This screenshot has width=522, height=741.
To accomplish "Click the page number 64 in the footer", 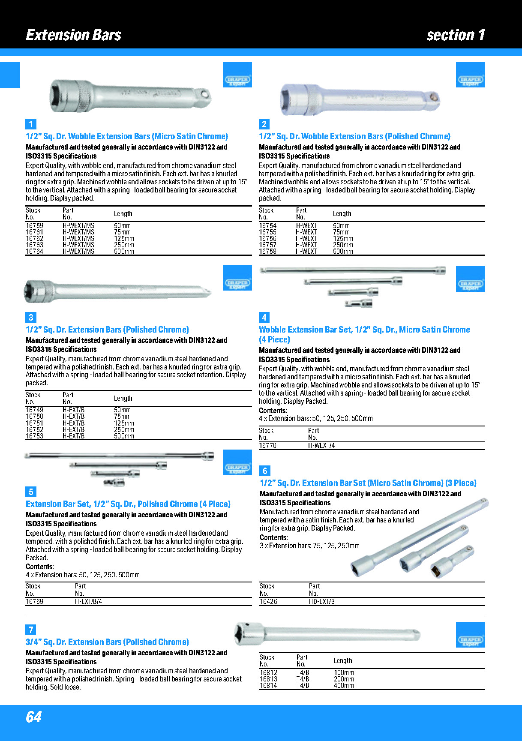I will pos(34,717).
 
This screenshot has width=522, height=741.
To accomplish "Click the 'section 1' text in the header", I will pos(456,35).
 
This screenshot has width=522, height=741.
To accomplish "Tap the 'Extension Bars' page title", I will pos(73,35).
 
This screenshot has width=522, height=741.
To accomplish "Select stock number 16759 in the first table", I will pos(34,225).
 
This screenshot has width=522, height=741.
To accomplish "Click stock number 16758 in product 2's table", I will pos(267,252).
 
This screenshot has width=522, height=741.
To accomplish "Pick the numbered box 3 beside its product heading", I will pos(31,317).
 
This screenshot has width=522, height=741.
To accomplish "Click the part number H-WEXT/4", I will pos(321,446).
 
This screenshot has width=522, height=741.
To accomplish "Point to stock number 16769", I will pos(34,602).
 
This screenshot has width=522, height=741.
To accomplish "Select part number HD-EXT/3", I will pos(321,602).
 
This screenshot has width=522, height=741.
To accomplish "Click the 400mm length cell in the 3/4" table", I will pos(344,686).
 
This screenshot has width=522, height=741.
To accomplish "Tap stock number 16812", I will pos(268,673).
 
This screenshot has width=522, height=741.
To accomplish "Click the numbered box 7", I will pos(31,629).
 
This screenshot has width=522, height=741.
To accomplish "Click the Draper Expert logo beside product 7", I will pos(470,635).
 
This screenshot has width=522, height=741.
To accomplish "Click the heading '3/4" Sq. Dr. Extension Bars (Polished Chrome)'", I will pos(107,642).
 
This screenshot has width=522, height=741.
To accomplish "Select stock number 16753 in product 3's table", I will pos(34,436).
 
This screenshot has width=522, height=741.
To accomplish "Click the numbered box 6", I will pos(265,471).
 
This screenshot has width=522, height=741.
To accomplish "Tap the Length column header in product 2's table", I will pos(342,213).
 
